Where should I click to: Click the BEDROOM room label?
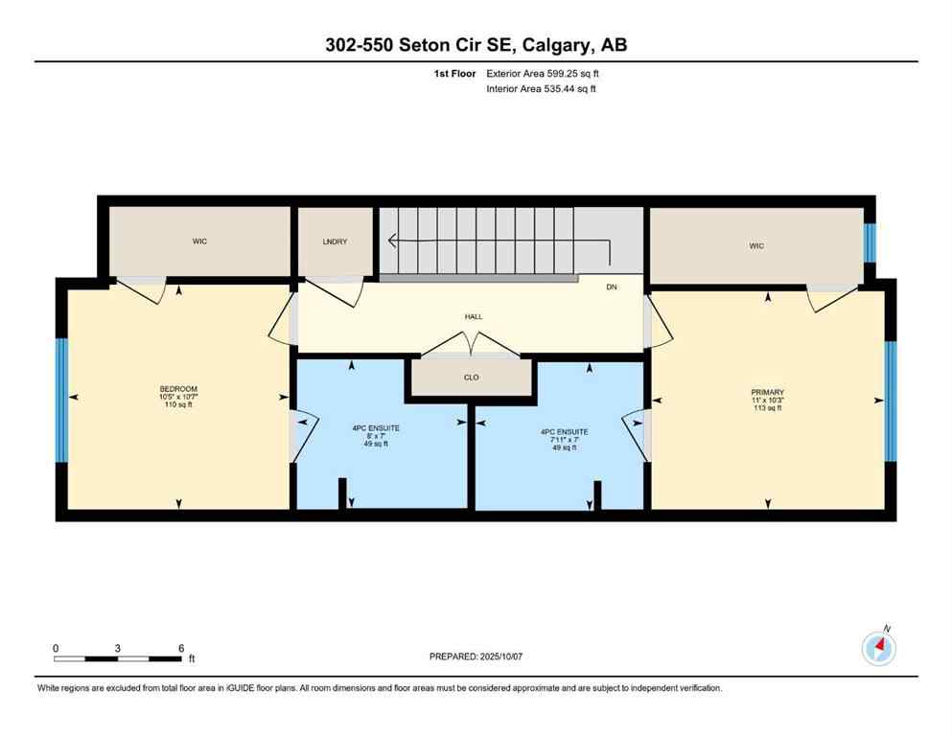click(178, 389)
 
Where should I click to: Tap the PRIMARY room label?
click(767, 392)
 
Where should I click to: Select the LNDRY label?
click(335, 242)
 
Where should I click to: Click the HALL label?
click(474, 316)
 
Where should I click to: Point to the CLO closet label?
click(471, 378)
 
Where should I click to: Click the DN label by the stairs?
click(612, 287)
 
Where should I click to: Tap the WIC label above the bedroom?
click(199, 241)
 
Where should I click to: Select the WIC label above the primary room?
click(756, 246)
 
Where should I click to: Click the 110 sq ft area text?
click(178, 404)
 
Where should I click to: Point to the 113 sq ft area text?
click(767, 408)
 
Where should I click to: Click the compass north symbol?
click(879, 647)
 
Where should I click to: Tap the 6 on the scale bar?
click(180, 648)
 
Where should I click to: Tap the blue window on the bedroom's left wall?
click(61, 399)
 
